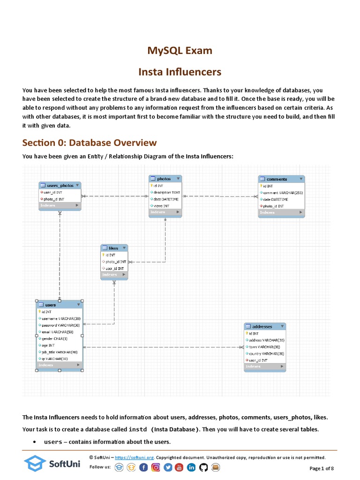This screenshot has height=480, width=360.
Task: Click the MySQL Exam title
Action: (180, 50)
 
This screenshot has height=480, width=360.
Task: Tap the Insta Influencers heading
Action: (180, 72)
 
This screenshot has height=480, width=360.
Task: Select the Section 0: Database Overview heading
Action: (90, 142)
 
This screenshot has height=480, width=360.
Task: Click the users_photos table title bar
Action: (60, 186)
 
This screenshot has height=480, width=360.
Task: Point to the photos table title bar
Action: (165, 179)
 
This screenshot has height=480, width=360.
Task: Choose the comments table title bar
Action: (281, 179)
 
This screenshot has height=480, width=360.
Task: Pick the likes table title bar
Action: (114, 248)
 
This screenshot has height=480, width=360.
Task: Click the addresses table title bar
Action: (264, 326)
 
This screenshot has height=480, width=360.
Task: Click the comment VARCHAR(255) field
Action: (283, 193)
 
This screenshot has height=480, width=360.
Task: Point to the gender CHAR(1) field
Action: (54, 338)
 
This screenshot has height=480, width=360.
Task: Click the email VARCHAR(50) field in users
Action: (58, 332)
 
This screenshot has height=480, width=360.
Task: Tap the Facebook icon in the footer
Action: (143, 467)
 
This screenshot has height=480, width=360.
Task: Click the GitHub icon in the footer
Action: (203, 467)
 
